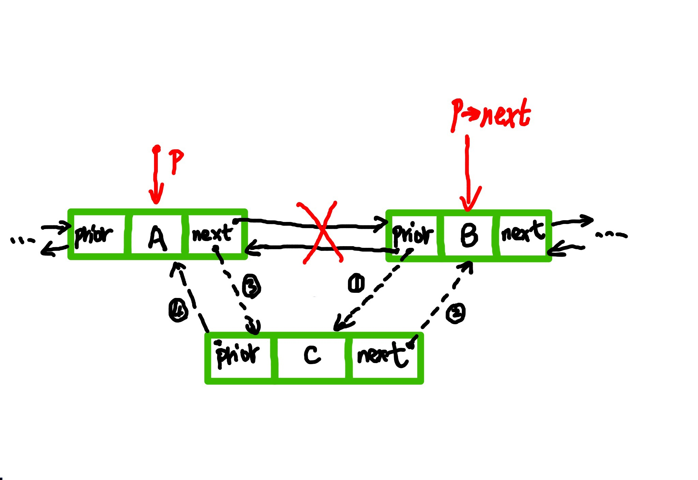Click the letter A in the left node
point(157,238)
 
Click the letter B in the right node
point(469,236)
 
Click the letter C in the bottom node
point(312,355)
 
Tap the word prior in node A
point(93,235)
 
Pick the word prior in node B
point(412,234)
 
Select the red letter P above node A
point(176,161)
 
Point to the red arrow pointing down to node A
point(156,176)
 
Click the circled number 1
point(356,283)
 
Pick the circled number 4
point(178,310)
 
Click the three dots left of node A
point(22,240)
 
